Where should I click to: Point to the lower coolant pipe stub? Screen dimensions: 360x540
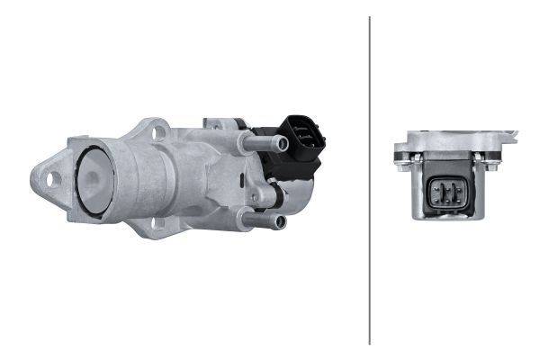point(266,220)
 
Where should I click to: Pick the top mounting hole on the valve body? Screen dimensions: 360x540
point(159,133)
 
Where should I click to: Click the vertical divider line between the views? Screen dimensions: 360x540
point(370,180)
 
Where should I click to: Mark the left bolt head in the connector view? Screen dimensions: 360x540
point(401,160)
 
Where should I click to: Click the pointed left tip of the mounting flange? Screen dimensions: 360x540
point(33,175)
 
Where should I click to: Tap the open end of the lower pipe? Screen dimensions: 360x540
point(280,221)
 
